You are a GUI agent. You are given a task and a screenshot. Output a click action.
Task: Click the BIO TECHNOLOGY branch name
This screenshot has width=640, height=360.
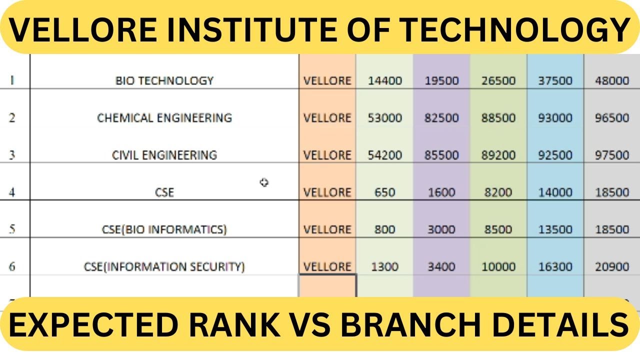[x=164, y=80]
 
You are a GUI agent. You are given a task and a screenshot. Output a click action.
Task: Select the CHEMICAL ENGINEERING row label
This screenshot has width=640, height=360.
[x=164, y=118]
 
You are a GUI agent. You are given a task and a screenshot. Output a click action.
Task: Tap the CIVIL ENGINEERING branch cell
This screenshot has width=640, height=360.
[x=164, y=155]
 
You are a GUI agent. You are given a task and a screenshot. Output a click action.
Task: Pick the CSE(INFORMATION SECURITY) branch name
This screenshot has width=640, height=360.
[x=164, y=267]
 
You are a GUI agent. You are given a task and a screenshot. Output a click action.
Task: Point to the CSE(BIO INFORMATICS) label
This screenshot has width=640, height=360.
[x=164, y=229]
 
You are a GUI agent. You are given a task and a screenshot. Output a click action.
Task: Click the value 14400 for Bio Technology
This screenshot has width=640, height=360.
[x=384, y=80]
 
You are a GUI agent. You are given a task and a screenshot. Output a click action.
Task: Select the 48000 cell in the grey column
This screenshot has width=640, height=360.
[x=612, y=80]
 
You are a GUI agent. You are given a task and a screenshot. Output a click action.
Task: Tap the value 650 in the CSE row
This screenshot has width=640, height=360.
[x=384, y=192]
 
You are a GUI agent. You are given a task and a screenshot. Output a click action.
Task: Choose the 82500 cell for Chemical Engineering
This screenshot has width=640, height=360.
[x=441, y=118]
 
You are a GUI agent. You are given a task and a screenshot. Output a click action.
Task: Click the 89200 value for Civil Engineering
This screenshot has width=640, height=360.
[x=498, y=155]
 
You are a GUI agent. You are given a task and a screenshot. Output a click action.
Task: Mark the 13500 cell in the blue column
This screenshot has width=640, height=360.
[x=555, y=229]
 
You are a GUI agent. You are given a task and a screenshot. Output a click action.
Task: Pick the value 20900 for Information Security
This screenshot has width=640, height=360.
[x=612, y=267]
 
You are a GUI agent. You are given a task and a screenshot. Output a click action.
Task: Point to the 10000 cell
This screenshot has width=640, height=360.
[x=498, y=267]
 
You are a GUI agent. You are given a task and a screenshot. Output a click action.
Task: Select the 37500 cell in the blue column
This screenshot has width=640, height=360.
[x=555, y=80]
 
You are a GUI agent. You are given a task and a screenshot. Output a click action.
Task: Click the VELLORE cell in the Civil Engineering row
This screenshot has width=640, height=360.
[x=327, y=155]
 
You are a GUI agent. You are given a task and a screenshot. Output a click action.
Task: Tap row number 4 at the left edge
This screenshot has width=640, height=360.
[x=12, y=192]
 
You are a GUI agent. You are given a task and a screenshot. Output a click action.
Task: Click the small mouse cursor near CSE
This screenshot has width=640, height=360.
[x=264, y=182]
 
